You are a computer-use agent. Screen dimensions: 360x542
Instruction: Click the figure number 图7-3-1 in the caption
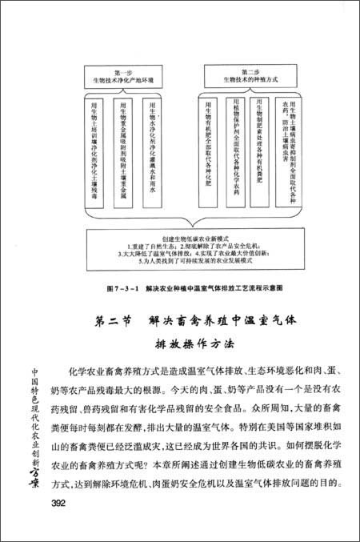[121, 285]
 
